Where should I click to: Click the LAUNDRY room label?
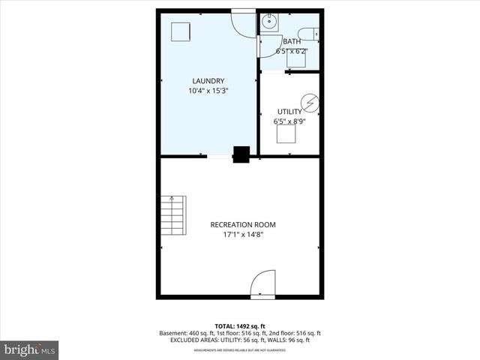click(208, 81)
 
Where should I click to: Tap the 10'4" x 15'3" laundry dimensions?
click(208, 91)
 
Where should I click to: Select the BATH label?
click(292, 41)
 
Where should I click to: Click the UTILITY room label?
click(289, 111)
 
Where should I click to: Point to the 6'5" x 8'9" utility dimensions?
click(289, 121)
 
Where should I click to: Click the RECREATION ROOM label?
click(243, 224)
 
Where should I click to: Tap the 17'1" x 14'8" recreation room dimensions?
click(243, 235)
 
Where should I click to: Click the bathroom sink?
click(268, 22)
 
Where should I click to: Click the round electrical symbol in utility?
click(309, 101)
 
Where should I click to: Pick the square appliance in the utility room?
click(286, 133)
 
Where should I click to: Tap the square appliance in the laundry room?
click(181, 31)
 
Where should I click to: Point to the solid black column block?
click(241, 154)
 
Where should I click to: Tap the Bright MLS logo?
click(30, 349)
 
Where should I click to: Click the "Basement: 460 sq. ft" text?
click(186, 333)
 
